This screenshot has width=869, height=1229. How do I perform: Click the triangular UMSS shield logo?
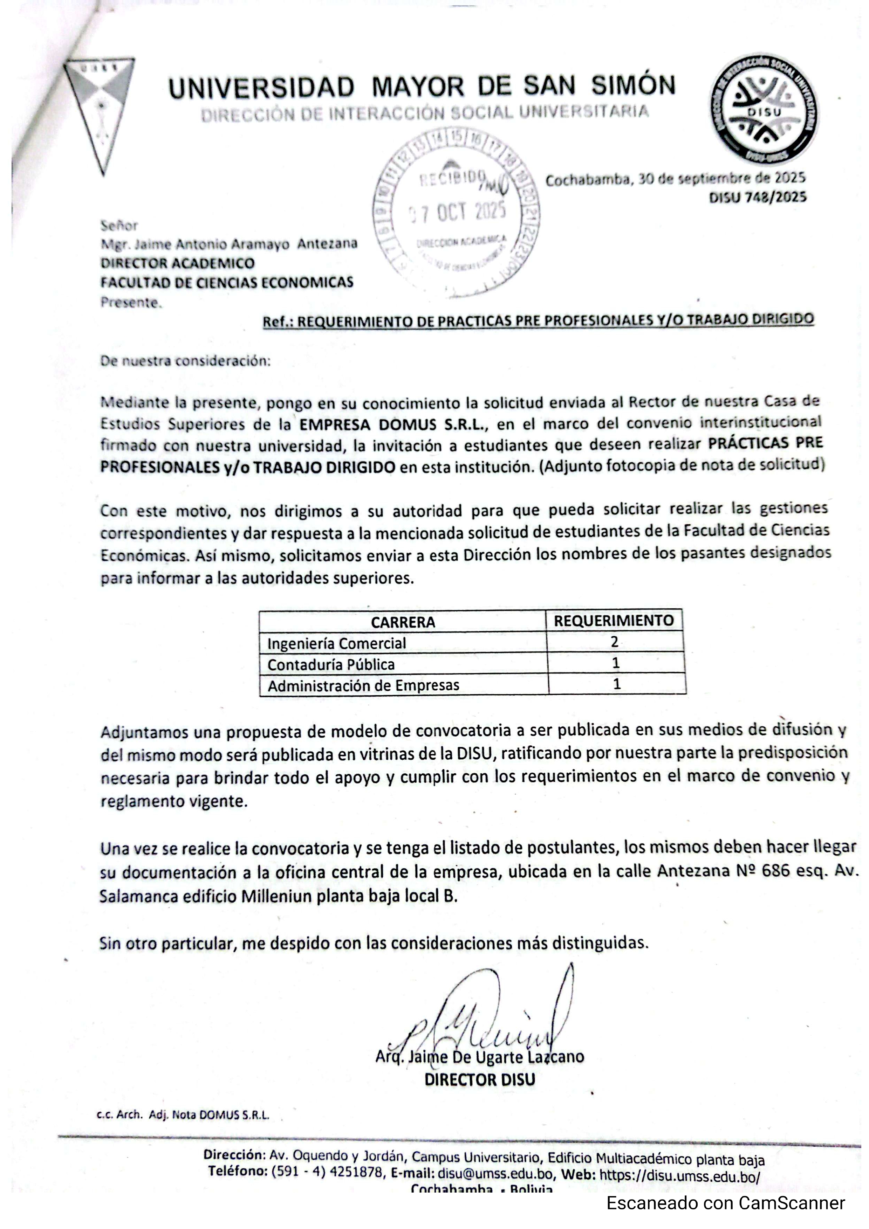coord(100,112)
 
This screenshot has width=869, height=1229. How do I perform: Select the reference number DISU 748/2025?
coord(757,198)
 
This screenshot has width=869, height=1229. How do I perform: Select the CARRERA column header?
coord(403,622)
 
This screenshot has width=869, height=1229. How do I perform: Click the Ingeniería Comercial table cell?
coord(336,643)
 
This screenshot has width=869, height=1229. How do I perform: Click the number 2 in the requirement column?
coord(615,641)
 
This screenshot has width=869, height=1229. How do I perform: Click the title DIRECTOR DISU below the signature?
coord(480,1079)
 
